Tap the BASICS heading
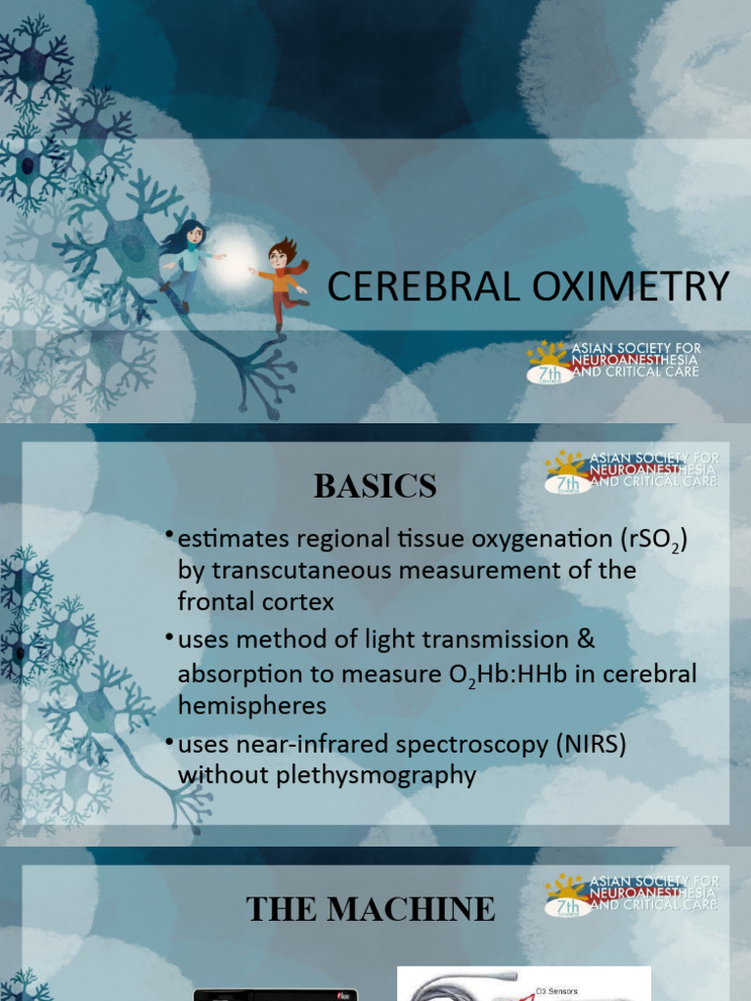pos(375,486)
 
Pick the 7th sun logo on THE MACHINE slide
pos(567,895)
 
